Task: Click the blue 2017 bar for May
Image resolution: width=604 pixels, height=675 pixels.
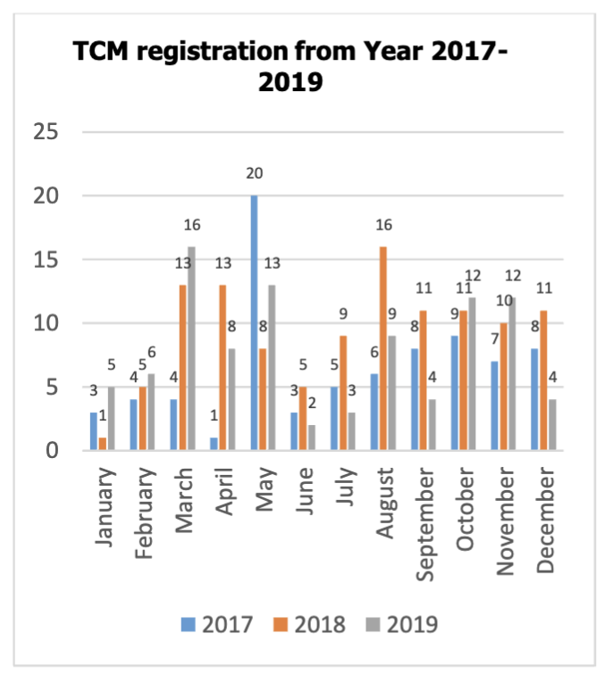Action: (254, 323)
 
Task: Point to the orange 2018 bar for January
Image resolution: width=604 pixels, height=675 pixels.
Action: (104, 445)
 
